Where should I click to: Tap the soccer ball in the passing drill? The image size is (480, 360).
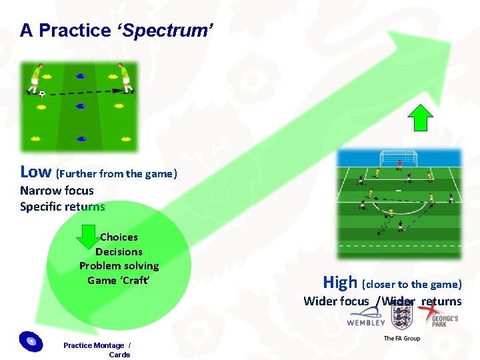coord(42,94)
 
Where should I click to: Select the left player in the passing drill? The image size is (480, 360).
coord(34,77)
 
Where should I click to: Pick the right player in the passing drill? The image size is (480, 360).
coord(124,77)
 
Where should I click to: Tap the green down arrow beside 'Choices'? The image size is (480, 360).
coord(88,237)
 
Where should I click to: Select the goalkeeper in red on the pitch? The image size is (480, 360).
coord(399,163)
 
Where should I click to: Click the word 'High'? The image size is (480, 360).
coord(340,282)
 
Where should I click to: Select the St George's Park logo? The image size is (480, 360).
coord(438,313)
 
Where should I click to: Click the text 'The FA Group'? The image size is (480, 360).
coord(401,339)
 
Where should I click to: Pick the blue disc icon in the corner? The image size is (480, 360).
coord(31,341)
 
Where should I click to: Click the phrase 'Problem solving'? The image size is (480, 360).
coord(119,266)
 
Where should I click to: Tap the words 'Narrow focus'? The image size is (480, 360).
coord(57,191)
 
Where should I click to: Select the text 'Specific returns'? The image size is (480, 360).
coord(63,207)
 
